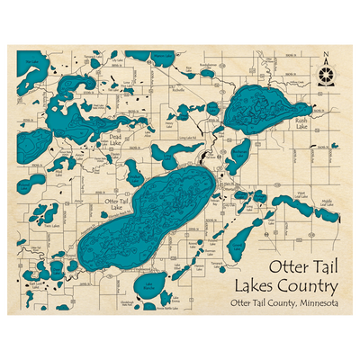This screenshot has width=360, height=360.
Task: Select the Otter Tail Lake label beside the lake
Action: (116, 205)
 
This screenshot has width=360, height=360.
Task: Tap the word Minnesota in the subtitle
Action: (308, 303)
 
